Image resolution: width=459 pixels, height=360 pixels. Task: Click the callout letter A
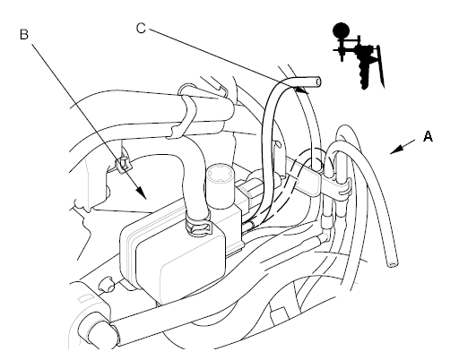pyautogui.click(x=428, y=136)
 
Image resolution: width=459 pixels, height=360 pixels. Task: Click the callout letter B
pyautogui.click(x=24, y=34)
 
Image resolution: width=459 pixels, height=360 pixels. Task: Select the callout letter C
pyautogui.click(x=141, y=29)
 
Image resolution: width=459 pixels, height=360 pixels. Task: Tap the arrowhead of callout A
pyautogui.click(x=396, y=150)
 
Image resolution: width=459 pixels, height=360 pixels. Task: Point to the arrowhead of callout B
pyautogui.click(x=141, y=193)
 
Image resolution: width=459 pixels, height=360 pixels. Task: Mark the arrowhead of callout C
pyautogui.click(x=302, y=90)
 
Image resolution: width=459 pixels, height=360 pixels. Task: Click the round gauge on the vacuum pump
pyautogui.click(x=341, y=30)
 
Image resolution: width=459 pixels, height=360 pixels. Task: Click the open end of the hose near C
pyautogui.click(x=317, y=82)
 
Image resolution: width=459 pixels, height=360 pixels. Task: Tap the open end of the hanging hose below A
pyautogui.click(x=393, y=264)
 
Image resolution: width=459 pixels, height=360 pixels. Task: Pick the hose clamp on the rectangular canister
pyautogui.click(x=197, y=224)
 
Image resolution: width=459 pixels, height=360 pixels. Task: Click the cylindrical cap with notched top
pyautogui.click(x=220, y=187)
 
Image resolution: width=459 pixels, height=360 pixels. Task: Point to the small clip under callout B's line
pyautogui.click(x=123, y=164)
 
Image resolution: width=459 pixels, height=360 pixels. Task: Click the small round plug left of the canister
pyautogui.click(x=108, y=285)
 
